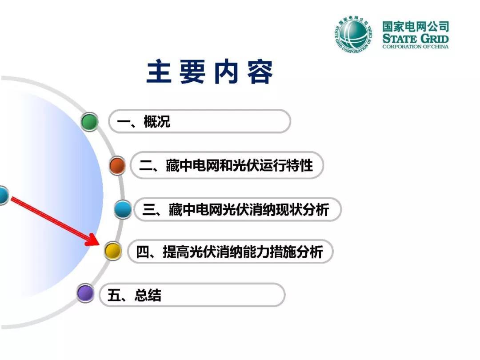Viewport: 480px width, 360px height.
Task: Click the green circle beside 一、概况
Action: (89, 121)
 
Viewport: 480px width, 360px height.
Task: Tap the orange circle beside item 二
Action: (117, 165)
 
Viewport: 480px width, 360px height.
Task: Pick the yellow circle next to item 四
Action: (112, 251)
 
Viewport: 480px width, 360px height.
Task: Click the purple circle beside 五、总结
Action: (85, 293)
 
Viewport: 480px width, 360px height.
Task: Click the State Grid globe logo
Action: (354, 34)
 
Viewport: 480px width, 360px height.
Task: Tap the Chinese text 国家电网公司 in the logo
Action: (416, 27)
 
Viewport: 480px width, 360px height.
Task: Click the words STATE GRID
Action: (416, 39)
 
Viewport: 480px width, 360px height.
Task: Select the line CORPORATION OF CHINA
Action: (416, 47)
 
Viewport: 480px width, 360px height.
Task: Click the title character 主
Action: (159, 72)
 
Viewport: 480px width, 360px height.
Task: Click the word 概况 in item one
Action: (157, 121)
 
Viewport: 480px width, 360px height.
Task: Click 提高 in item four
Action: (176, 252)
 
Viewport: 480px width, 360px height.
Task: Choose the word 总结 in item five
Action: (148, 296)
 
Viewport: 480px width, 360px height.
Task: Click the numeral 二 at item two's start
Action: (146, 166)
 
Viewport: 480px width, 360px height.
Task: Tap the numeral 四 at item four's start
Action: (143, 252)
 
